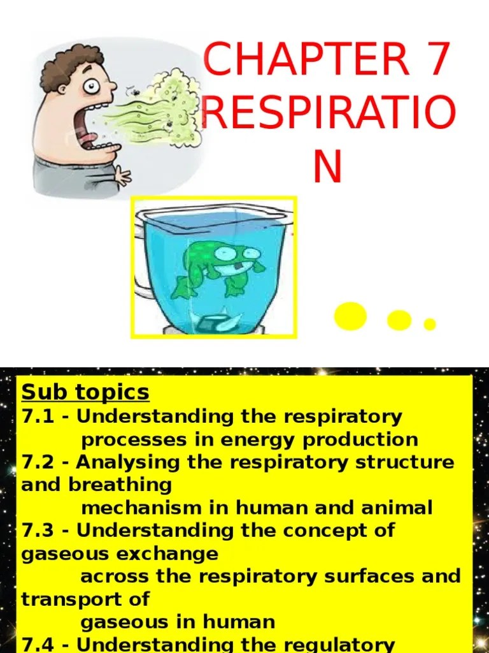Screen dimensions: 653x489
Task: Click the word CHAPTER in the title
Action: tap(306, 59)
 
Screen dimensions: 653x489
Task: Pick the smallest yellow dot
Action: tap(430, 324)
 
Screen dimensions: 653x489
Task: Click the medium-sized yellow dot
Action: tap(399, 319)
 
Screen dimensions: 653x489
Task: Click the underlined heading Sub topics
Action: tap(85, 392)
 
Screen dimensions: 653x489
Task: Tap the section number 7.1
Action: tap(38, 417)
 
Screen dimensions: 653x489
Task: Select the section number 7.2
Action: tap(38, 462)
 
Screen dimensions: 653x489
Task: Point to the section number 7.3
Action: tap(38, 531)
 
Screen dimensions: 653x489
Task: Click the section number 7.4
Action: tap(38, 644)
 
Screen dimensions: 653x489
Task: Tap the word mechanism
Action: tap(132, 508)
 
